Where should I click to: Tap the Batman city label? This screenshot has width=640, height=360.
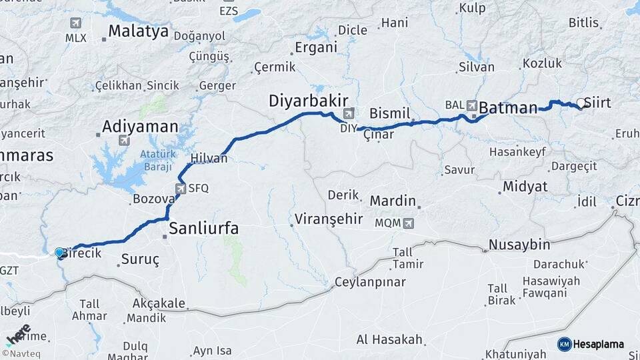508,108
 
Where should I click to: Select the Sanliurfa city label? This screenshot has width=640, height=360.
203,229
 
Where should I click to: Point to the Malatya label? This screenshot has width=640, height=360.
138,31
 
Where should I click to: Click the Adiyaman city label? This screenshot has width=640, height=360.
140,126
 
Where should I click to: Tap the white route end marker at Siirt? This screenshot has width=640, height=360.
581,103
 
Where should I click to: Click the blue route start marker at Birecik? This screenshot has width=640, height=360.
59,253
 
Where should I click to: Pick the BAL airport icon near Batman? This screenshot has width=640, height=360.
472,105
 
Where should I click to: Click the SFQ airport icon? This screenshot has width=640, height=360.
181,189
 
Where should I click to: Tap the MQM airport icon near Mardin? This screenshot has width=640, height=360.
408,223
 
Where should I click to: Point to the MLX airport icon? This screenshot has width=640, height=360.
76,23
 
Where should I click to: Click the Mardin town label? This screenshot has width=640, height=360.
393,201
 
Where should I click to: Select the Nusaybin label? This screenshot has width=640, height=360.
520,245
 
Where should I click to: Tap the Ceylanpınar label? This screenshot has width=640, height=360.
370,282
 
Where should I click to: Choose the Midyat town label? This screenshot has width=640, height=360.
525,187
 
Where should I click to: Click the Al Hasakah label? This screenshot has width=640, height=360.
389,340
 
